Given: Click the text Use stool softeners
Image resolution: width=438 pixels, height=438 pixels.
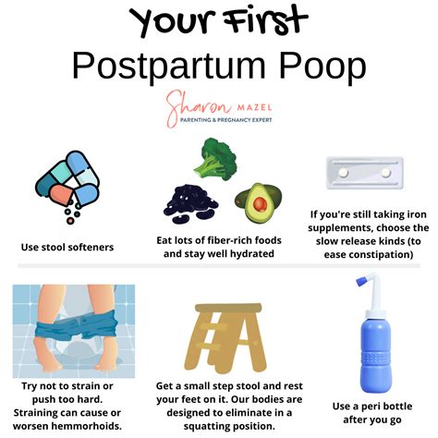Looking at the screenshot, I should pyautogui.click(x=67, y=248).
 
